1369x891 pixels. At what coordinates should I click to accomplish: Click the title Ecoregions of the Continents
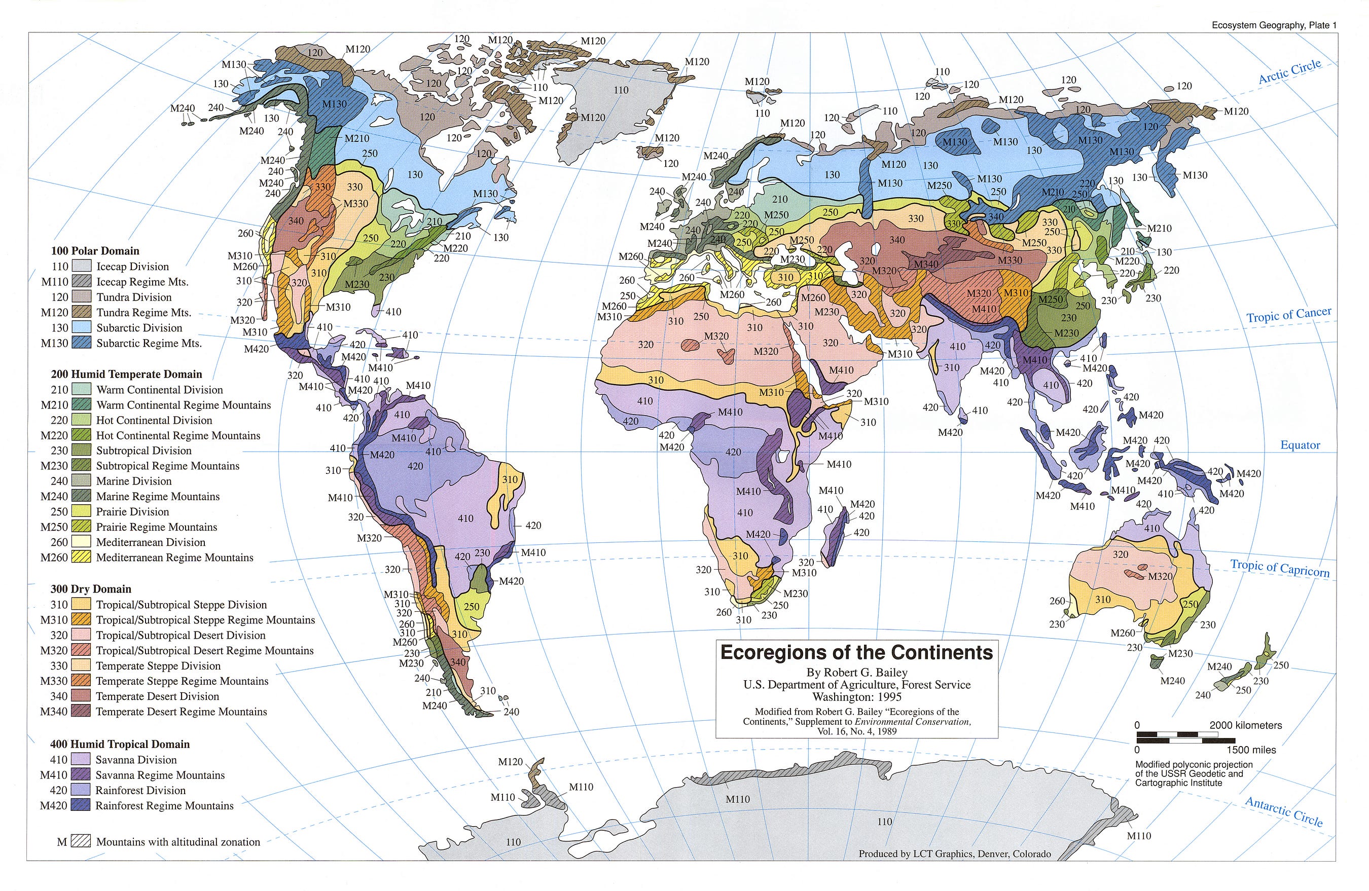(856, 652)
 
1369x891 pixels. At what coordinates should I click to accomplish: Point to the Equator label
(1300, 445)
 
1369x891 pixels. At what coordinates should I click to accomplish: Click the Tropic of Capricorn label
(1280, 568)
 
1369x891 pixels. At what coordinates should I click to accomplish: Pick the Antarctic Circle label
(1284, 811)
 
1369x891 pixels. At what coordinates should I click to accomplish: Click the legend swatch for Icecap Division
(82, 266)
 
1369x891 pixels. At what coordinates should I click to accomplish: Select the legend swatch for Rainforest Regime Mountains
(81, 805)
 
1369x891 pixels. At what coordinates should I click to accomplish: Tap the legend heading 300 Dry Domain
(91, 588)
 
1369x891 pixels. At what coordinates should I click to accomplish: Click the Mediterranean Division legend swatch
(81, 542)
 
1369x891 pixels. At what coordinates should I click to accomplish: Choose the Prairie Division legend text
(132, 511)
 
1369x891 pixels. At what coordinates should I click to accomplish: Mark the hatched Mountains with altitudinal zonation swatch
(81, 841)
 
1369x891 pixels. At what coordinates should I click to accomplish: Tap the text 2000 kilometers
(1245, 725)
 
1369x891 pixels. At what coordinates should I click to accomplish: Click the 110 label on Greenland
(621, 90)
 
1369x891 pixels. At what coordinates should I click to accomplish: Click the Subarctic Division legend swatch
(82, 327)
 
